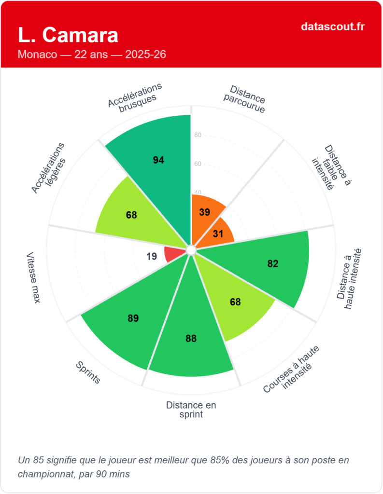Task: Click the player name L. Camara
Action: pyautogui.click(x=68, y=35)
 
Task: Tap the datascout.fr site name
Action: pyautogui.click(x=333, y=26)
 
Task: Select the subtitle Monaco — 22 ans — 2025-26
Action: pyautogui.click(x=92, y=54)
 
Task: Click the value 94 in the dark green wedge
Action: pyautogui.click(x=158, y=160)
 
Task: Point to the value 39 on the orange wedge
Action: pyautogui.click(x=204, y=212)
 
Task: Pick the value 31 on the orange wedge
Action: pyautogui.click(x=218, y=233)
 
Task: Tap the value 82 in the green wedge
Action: pyautogui.click(x=273, y=263)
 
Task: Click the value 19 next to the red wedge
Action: pyautogui.click(x=152, y=256)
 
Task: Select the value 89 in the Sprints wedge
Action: pyautogui.click(x=133, y=318)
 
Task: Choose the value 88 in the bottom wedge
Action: pyautogui.click(x=191, y=339)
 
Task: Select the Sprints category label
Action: pyautogui.click(x=88, y=372)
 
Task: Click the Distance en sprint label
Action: pyautogui.click(x=191, y=410)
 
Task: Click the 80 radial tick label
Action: pyautogui.click(x=198, y=135)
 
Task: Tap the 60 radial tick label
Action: pyautogui.click(x=198, y=164)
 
